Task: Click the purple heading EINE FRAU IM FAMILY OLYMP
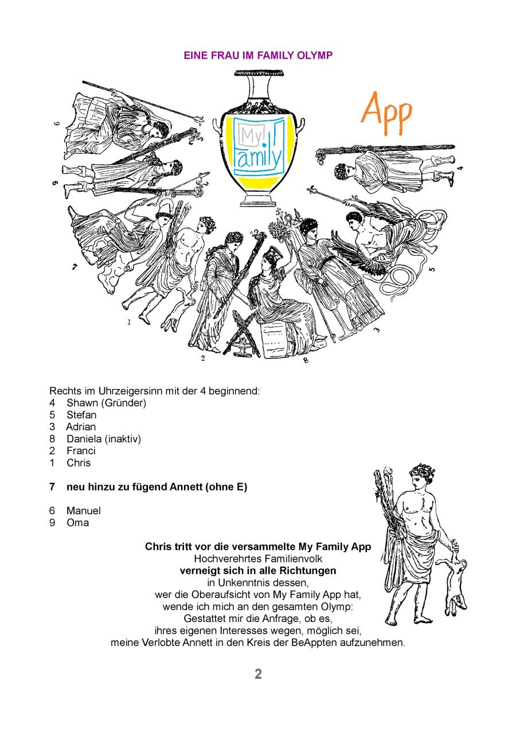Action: pyautogui.click(x=258, y=55)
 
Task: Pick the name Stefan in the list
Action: pyautogui.click(x=81, y=415)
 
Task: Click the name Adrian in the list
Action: pyautogui.click(x=81, y=427)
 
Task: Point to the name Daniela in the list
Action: pyautogui.click(x=84, y=439)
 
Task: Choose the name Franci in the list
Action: pyautogui.click(x=81, y=451)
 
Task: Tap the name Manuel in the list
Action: pyautogui.click(x=84, y=511)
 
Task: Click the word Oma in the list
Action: pyautogui.click(x=78, y=523)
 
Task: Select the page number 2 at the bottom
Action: pyautogui.click(x=258, y=674)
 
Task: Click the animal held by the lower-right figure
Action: pyautogui.click(x=454, y=580)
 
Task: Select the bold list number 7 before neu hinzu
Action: pyautogui.click(x=52, y=487)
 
